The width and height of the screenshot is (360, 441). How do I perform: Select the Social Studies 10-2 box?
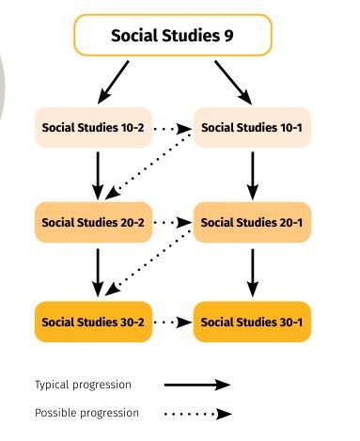93,127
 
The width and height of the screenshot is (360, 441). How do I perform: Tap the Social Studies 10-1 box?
251,127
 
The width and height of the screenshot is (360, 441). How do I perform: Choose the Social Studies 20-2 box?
93,223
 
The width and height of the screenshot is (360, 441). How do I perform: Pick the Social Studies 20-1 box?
251,223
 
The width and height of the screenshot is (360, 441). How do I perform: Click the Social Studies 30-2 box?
93,321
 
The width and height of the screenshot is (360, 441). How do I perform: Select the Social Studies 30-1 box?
251,321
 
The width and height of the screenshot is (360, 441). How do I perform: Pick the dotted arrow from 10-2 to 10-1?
172,128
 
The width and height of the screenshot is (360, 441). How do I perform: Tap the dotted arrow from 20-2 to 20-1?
172,224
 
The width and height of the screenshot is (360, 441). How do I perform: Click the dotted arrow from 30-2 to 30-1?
172,322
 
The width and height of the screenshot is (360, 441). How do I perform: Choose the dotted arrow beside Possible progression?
196,413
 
